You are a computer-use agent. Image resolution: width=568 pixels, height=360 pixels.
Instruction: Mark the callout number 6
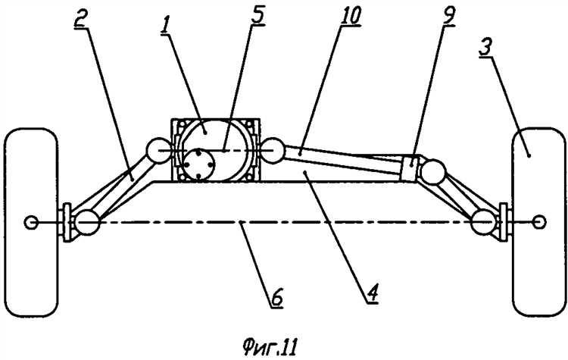[276, 297]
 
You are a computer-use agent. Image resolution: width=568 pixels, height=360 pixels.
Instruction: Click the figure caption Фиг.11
[270, 348]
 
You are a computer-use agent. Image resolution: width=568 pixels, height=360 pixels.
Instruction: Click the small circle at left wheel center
[30, 222]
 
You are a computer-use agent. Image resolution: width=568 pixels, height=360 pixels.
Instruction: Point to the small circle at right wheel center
[539, 222]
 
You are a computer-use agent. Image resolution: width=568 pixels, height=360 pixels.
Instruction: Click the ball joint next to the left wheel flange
[87, 222]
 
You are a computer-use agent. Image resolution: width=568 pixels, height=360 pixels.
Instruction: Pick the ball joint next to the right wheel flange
[483, 221]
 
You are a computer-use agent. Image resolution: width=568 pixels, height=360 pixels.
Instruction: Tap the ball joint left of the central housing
[158, 151]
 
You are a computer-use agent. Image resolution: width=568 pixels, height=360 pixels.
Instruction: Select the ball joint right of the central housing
[273, 150]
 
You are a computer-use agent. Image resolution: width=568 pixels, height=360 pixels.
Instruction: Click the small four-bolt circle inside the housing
[198, 165]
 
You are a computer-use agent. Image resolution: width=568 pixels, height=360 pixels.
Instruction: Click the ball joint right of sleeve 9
[434, 173]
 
